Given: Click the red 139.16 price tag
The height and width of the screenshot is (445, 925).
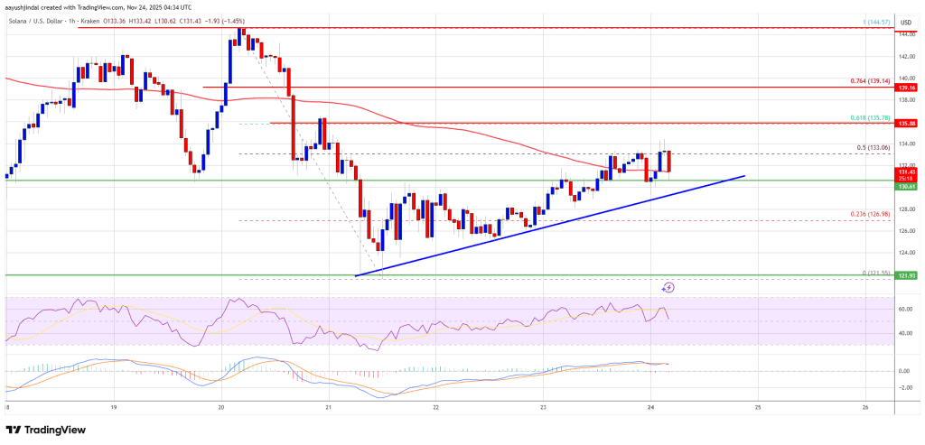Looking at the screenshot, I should (906, 88).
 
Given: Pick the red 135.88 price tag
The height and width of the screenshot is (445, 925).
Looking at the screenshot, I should (906, 124).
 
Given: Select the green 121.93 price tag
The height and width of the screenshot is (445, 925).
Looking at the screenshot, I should (906, 275).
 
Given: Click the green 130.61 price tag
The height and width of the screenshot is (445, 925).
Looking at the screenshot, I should (906, 187).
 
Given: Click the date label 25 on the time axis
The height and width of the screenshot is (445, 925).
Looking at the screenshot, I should (758, 406).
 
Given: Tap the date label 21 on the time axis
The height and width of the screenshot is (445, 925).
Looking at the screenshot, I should (329, 406).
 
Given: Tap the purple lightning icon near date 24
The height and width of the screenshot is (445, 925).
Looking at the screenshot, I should (668, 287).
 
